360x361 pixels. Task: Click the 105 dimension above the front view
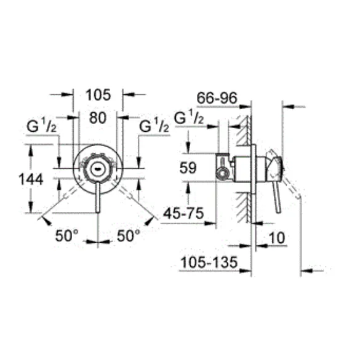(x=98, y=95)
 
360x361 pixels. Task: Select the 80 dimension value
(x=98, y=118)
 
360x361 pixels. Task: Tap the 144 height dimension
(x=31, y=179)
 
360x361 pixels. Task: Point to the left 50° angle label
(x=66, y=235)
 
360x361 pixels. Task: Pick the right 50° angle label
(x=129, y=235)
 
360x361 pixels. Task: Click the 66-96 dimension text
(x=217, y=98)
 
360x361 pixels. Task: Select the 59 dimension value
(x=188, y=168)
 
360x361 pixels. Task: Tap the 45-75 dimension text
(x=183, y=213)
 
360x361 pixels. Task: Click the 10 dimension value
(x=276, y=238)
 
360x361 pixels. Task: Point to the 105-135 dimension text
(x=209, y=262)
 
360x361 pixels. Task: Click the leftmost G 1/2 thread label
(x=42, y=126)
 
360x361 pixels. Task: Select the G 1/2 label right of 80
(x=154, y=126)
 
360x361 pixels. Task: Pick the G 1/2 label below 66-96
(x=189, y=118)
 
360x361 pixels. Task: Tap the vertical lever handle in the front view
(x=98, y=198)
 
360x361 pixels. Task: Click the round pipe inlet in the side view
(x=223, y=172)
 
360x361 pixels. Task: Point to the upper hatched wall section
(x=244, y=130)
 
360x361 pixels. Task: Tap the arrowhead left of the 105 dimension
(x=67, y=94)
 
